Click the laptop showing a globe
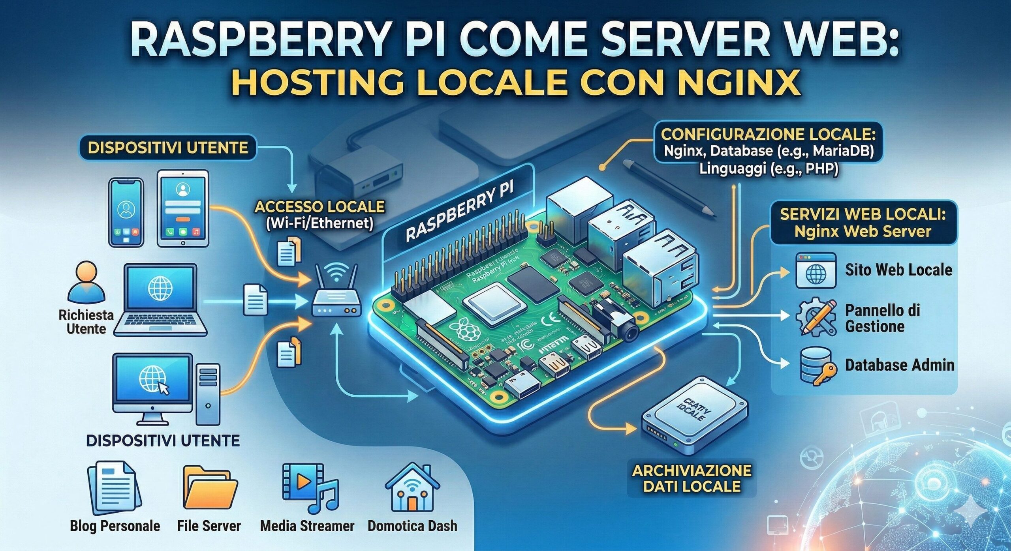click(160, 300)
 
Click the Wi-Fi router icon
click(337, 294)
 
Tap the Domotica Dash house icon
click(412, 487)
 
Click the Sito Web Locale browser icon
click(816, 270)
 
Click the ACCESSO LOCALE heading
click(319, 206)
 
